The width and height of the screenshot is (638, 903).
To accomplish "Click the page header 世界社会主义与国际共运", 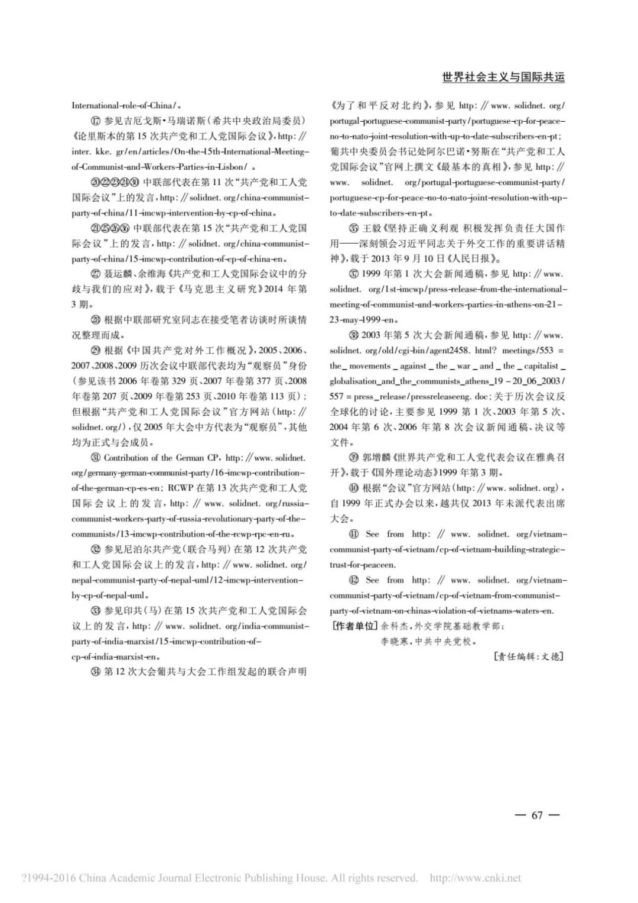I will [503, 77].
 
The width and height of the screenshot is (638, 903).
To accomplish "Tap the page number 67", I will [536, 815].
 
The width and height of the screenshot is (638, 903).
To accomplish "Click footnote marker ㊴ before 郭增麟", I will [354, 458].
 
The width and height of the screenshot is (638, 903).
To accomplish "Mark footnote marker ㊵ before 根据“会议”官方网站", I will [354, 488].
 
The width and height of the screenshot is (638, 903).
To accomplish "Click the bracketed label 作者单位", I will [354, 626].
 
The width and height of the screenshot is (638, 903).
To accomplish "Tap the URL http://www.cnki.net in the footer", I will [476, 878].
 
